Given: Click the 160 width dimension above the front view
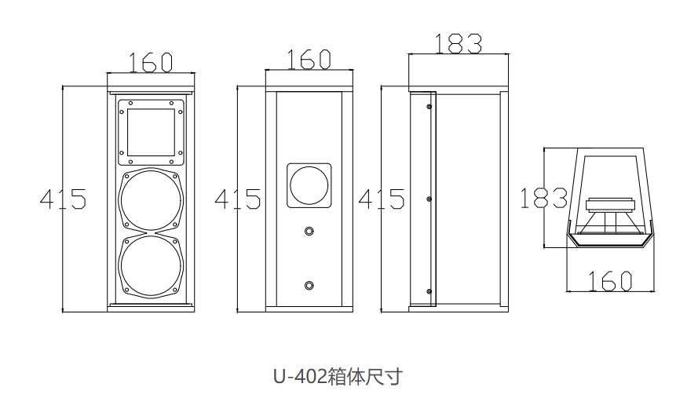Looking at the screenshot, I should tap(150, 62).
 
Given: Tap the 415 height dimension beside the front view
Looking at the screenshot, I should tap(63, 199).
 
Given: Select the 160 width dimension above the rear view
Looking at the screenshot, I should tap(309, 59).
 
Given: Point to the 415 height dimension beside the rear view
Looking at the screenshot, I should tap(237, 199).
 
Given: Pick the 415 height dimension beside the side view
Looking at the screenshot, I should tap(382, 199).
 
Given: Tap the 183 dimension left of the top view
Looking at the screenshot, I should tap(543, 198).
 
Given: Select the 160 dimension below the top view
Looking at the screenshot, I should tap(610, 280).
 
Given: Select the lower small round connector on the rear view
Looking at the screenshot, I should tap(310, 284).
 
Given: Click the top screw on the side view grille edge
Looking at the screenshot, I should tap(429, 106).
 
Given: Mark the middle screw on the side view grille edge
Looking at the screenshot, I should tap(429, 199).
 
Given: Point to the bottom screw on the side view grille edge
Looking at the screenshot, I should tap(429, 292).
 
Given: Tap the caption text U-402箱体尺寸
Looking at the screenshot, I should tap(338, 377).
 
